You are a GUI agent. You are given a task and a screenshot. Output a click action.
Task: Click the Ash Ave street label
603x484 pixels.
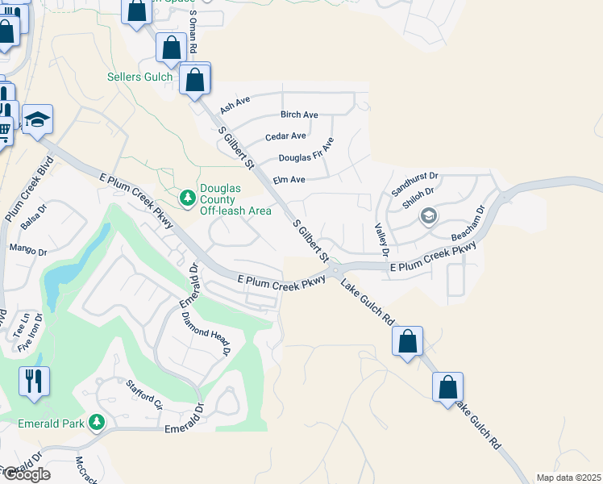pyautogui.click(x=235, y=102)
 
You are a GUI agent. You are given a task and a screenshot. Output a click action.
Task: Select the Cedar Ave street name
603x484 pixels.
pyautogui.click(x=285, y=136)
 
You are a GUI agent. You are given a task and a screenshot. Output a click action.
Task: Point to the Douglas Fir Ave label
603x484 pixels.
pyautogui.click(x=306, y=154)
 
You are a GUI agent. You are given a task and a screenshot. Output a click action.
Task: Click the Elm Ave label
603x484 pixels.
pyautogui.click(x=289, y=179)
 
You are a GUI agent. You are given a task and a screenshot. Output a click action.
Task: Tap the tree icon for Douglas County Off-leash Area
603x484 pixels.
pyautogui.click(x=187, y=197)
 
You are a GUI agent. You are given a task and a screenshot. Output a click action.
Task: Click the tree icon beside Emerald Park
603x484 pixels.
pyautogui.click(x=96, y=422)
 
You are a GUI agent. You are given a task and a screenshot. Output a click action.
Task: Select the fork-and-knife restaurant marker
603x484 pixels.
pyautogui.click(x=34, y=381)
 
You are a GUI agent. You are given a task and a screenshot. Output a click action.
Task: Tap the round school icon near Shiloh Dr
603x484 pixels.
pyautogui.click(x=428, y=215)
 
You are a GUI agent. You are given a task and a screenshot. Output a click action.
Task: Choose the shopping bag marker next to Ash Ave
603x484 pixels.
pyautogui.click(x=195, y=80)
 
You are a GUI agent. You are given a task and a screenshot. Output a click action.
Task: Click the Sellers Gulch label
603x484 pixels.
pyautogui.click(x=139, y=77)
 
